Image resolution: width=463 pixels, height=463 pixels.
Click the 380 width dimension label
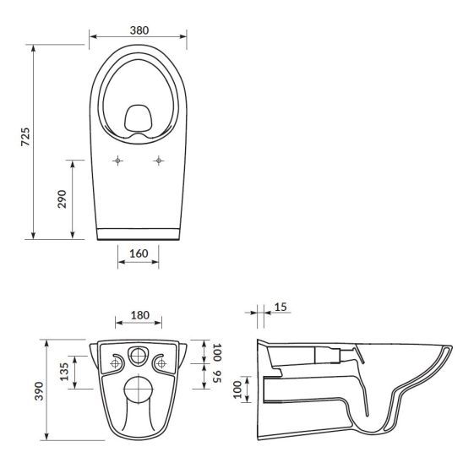point(139,30)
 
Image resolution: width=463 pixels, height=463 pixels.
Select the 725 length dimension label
point(25,137)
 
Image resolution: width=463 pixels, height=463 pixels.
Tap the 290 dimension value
point(62,199)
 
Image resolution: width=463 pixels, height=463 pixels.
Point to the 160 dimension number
point(139,253)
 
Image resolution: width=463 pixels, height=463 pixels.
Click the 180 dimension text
point(140,315)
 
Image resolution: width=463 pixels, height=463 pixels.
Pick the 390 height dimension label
point(39,391)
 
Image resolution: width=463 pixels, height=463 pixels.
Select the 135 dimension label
point(64,372)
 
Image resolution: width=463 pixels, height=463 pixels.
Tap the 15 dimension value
point(281,307)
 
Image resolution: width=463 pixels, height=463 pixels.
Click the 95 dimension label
point(217,376)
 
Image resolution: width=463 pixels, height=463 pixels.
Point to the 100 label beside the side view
point(237,389)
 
